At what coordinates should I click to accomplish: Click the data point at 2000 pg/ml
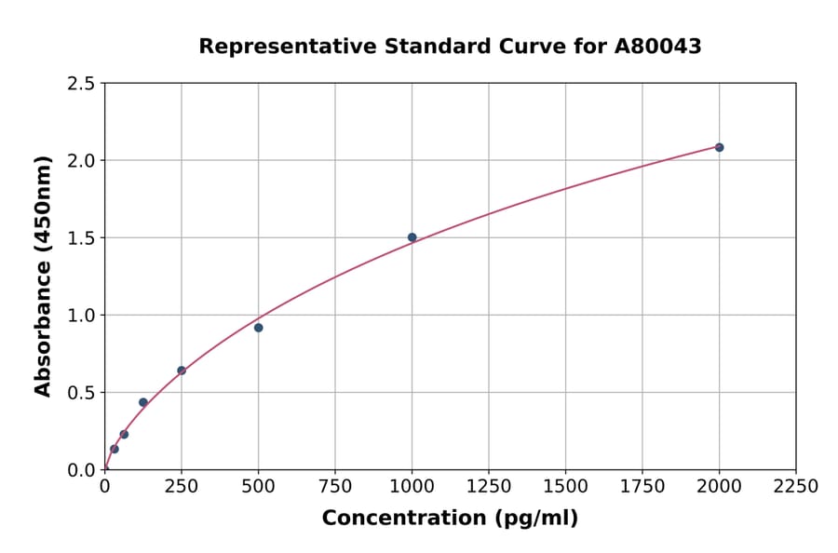(x=719, y=147)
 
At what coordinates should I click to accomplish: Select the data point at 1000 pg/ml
(x=412, y=237)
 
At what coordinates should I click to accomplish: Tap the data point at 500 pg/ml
(x=258, y=328)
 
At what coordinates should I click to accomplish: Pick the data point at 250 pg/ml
(x=182, y=371)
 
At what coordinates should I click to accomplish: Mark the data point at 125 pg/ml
(x=142, y=402)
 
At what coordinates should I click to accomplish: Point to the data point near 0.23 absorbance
(x=124, y=434)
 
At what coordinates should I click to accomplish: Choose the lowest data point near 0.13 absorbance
(x=115, y=449)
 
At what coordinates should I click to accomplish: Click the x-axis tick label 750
(x=335, y=487)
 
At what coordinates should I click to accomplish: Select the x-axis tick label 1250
(x=489, y=487)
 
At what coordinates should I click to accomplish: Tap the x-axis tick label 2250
(x=796, y=487)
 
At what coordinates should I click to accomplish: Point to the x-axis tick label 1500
(x=565, y=487)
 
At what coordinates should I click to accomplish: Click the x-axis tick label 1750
(x=642, y=487)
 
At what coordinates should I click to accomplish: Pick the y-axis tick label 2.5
(x=81, y=84)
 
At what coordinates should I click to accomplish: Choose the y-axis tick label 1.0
(x=81, y=316)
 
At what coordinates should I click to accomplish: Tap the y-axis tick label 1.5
(x=81, y=238)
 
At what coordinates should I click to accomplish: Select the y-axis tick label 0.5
(x=81, y=393)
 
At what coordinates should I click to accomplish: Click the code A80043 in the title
(x=657, y=47)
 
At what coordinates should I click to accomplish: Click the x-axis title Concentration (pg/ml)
(x=450, y=519)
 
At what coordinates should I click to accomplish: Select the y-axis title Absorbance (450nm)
(x=43, y=276)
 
